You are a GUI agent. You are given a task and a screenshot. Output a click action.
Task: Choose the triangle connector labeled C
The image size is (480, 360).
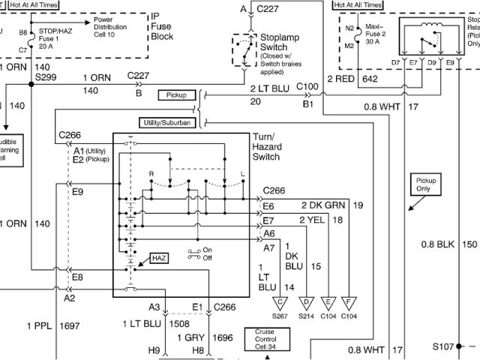[280, 303]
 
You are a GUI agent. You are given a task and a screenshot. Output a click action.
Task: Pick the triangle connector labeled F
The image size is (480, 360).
[349, 303]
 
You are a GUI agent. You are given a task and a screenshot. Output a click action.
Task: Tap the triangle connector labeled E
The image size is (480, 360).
[328, 303]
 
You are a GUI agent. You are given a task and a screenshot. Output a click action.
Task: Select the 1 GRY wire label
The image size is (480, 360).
[190, 338]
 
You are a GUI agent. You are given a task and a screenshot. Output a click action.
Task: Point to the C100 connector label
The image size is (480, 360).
[307, 87]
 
